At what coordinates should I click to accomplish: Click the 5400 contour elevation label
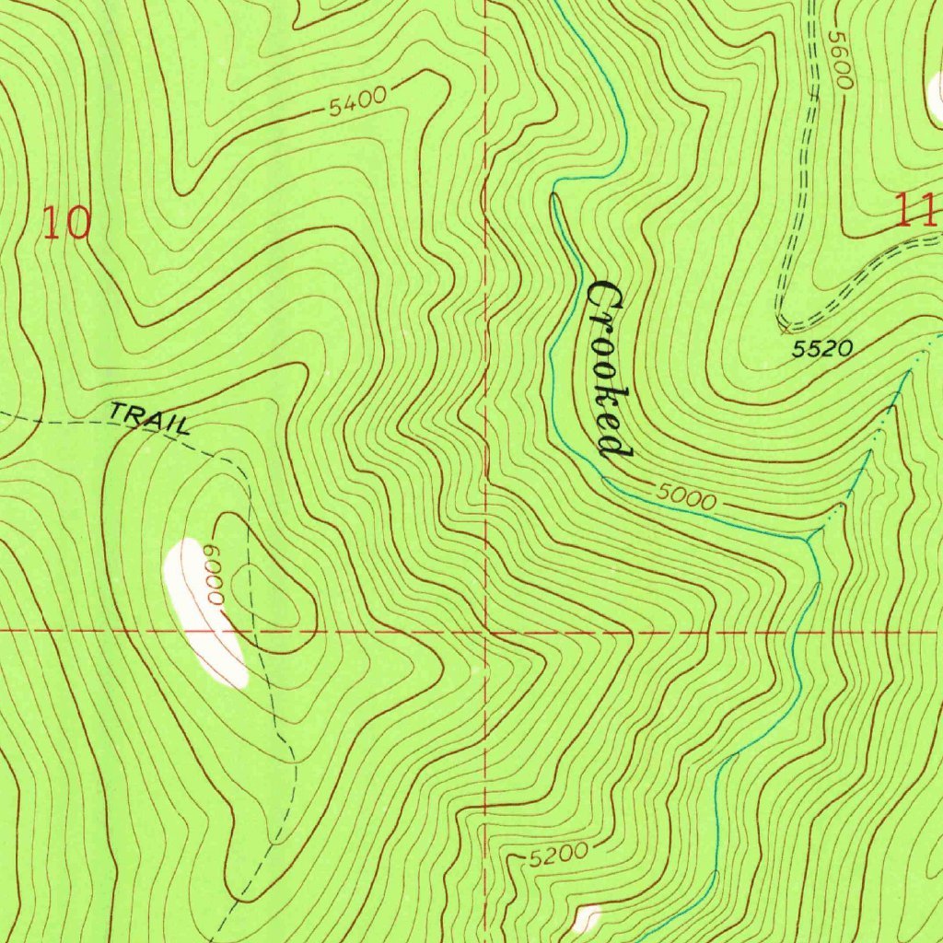tap(357, 102)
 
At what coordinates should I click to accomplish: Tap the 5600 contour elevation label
tap(838, 61)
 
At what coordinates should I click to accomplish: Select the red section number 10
tap(67, 223)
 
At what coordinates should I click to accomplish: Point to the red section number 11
tap(917, 211)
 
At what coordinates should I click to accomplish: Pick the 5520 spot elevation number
tap(822, 349)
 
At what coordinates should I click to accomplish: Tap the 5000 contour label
tap(686, 498)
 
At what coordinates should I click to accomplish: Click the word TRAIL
tap(150, 417)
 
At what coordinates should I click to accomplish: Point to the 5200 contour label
tap(559, 855)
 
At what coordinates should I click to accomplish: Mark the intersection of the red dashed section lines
tap(485, 633)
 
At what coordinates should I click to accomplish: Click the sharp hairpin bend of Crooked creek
tap(553, 195)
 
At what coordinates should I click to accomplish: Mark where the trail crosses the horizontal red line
tap(257, 633)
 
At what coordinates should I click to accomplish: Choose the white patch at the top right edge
tap(937, 92)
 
